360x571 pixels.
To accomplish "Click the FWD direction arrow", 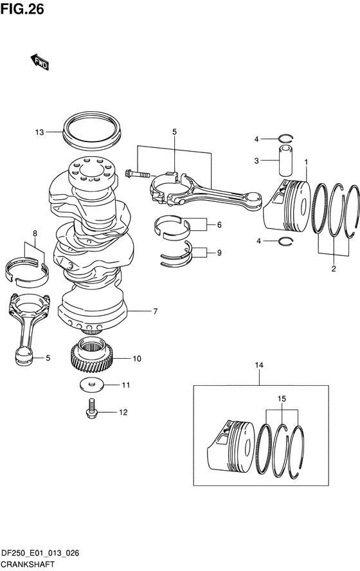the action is tap(39, 62).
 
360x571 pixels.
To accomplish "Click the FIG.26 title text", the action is tap(22, 9).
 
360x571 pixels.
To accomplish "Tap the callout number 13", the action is tap(39, 132).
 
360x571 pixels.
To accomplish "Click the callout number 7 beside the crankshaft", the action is tap(155, 311).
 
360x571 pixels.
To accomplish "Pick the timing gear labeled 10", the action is tap(91, 356).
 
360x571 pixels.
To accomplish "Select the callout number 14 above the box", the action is tap(259, 365).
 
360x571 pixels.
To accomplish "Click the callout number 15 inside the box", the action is tap(282, 399).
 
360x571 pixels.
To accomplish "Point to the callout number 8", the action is tap(35, 233).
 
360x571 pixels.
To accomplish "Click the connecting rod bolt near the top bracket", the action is tap(137, 174).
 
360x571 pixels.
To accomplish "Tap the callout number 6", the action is tap(219, 224).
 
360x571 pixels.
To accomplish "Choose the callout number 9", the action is tap(219, 252).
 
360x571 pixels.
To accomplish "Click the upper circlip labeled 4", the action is tap(286, 138).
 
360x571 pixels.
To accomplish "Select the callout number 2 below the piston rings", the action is tap(334, 269).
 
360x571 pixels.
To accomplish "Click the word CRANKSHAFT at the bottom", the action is tap(28, 565).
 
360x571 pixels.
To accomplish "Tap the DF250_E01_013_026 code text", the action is tap(40, 554).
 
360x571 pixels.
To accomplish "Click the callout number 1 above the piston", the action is tap(306, 161).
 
